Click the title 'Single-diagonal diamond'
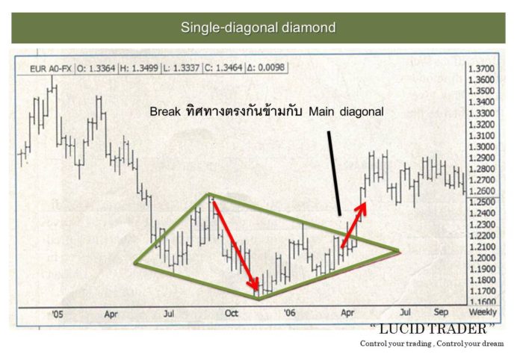[x=258, y=28]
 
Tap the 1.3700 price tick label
[x=483, y=68]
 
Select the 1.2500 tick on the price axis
[x=483, y=202]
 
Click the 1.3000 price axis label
[x=483, y=146]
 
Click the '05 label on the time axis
[x=58, y=314]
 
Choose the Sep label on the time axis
[x=442, y=314]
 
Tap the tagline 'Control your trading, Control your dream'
[x=431, y=343]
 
